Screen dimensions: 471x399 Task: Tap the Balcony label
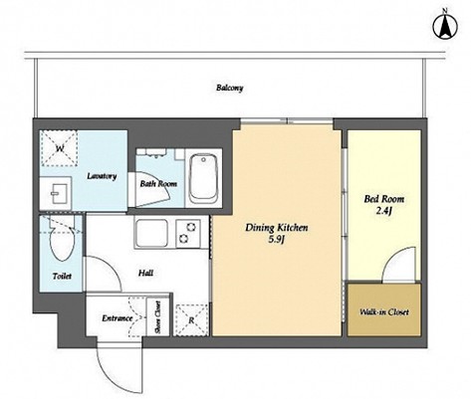pos(230,88)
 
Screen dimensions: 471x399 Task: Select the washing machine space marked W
pos(59,148)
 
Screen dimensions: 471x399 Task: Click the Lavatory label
pos(102,176)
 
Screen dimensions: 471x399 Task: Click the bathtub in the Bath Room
pos(203,178)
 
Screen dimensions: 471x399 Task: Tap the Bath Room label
pos(158,184)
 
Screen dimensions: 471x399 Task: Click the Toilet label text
pos(62,276)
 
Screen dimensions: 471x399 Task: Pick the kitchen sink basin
pos(152,233)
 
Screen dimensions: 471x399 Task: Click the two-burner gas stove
pos(188,233)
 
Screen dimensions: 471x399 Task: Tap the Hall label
pos(145,273)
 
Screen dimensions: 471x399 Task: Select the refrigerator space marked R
pos(191,320)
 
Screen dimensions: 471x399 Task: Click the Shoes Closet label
pos(158,316)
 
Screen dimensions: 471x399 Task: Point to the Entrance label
pos(118,318)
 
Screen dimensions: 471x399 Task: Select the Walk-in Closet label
pos(384,312)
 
